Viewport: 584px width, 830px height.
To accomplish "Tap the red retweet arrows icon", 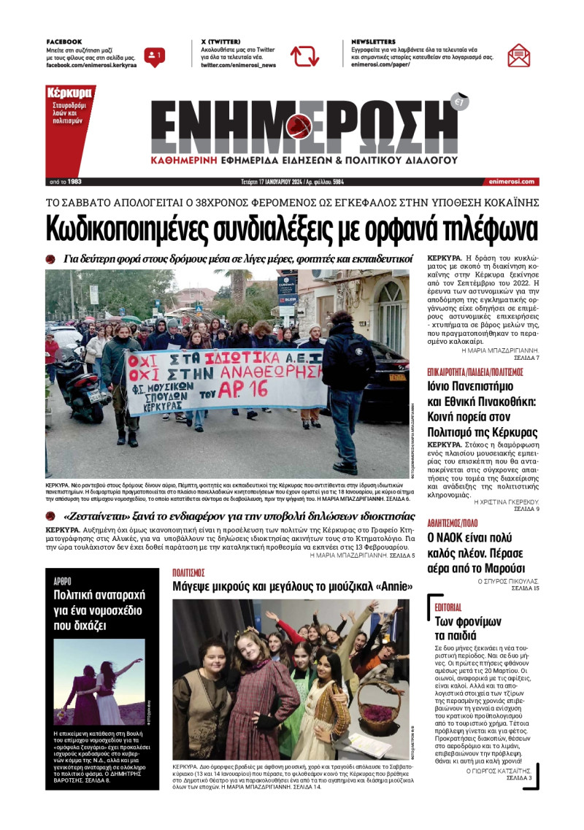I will click(304, 56).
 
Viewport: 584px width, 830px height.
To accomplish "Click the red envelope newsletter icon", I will click(519, 55).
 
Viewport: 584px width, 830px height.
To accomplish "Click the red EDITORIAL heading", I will click(448, 607).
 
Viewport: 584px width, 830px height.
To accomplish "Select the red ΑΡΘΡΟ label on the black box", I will click(63, 581).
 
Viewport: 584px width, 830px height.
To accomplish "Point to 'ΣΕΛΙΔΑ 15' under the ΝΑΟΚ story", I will click(525, 588).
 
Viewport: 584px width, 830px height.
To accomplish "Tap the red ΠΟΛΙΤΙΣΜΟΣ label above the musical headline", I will click(188, 572).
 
